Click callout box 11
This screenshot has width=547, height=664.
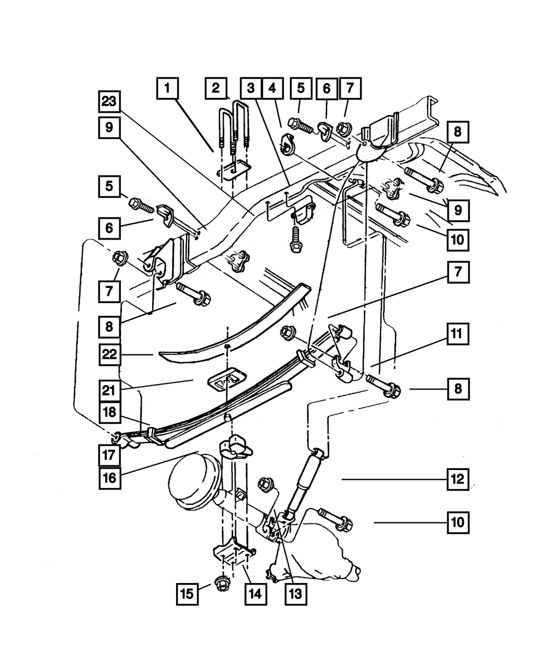point(457,333)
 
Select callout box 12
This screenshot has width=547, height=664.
point(457,480)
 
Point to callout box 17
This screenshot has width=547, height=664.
point(109,453)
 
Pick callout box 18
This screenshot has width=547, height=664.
point(109,412)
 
